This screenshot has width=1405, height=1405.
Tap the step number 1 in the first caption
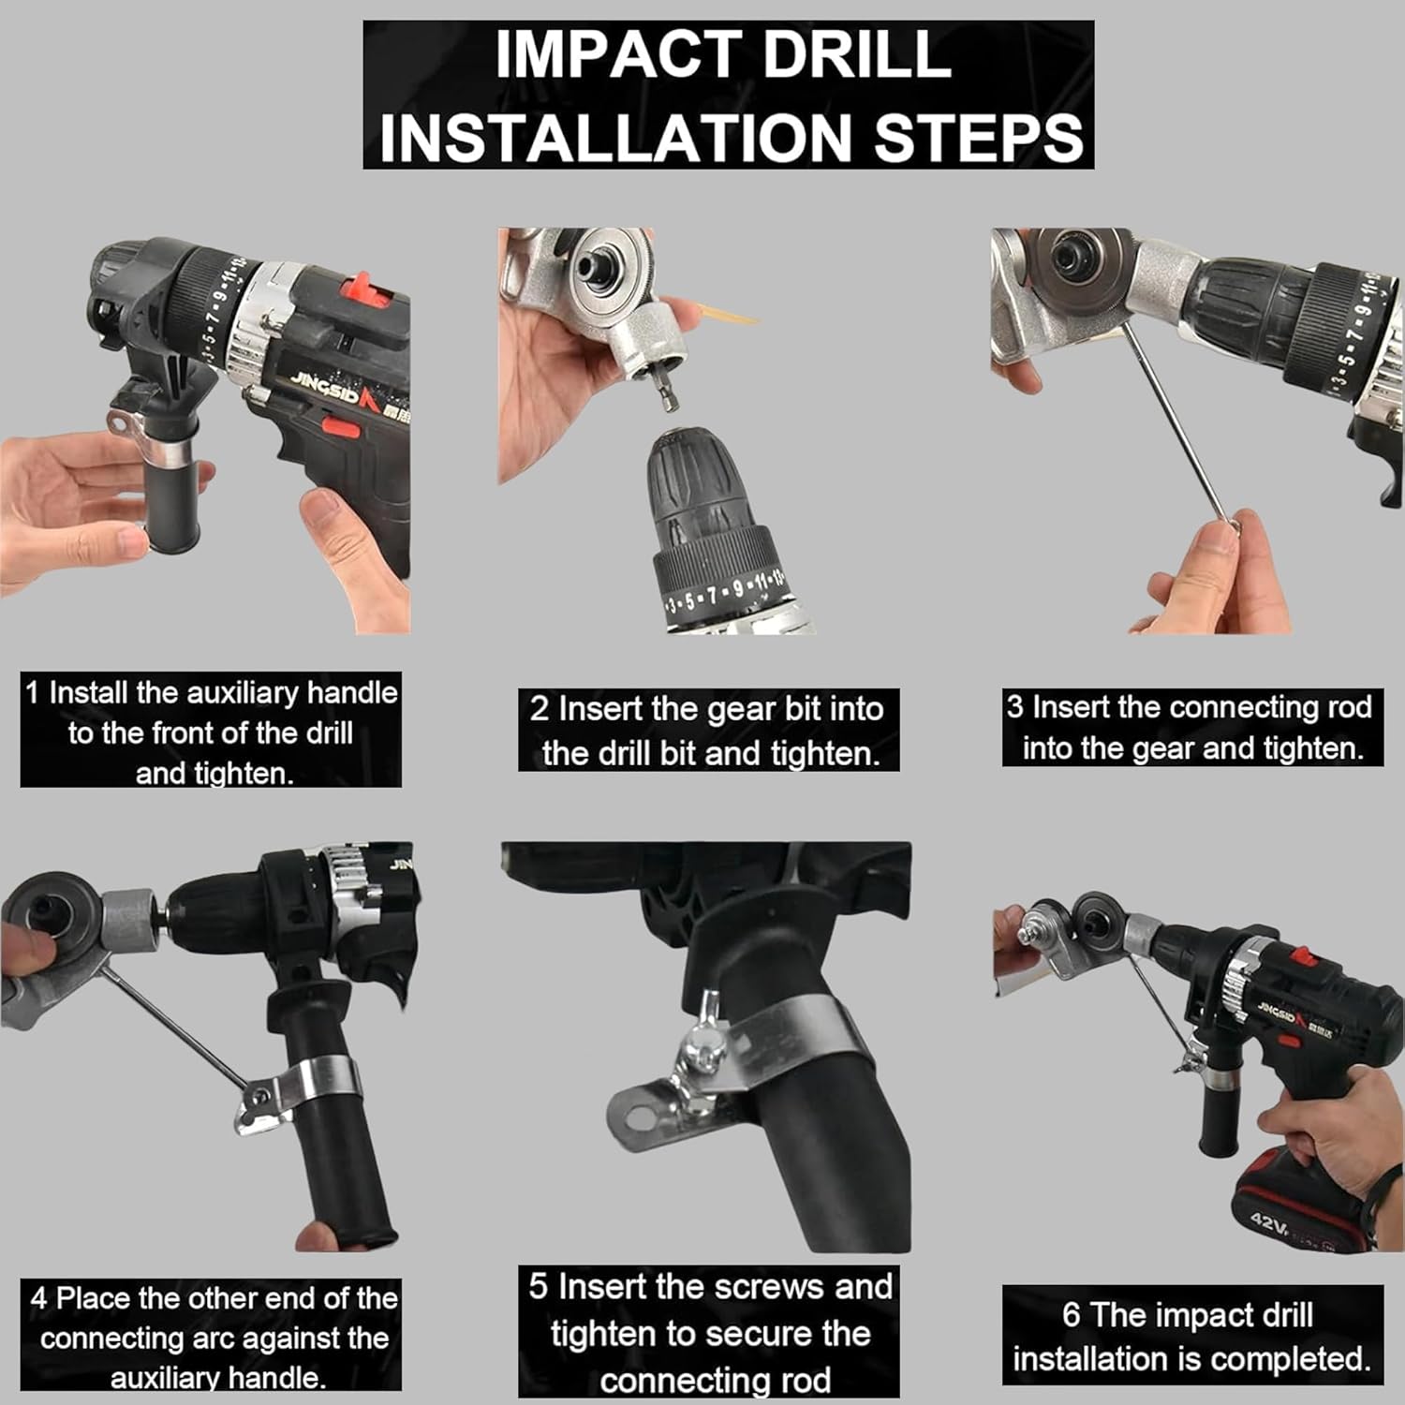tap(33, 693)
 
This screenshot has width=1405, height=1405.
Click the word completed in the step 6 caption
tap(1278, 1358)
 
